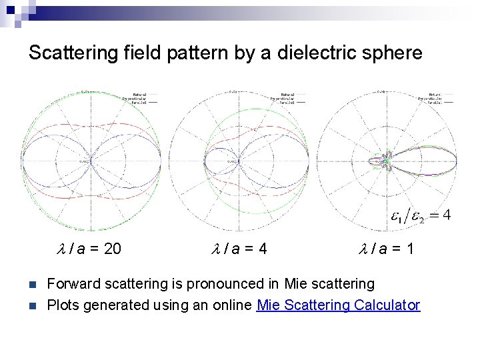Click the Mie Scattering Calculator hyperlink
pos(338,305)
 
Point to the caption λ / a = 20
pos(88,249)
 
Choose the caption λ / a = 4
pos(239,249)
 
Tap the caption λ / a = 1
pos(387,249)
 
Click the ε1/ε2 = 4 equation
pos(420,215)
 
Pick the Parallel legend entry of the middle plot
pos(287,103)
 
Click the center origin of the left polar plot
pos(91,160)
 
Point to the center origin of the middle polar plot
pos(238,160)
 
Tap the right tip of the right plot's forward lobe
pos(457,160)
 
